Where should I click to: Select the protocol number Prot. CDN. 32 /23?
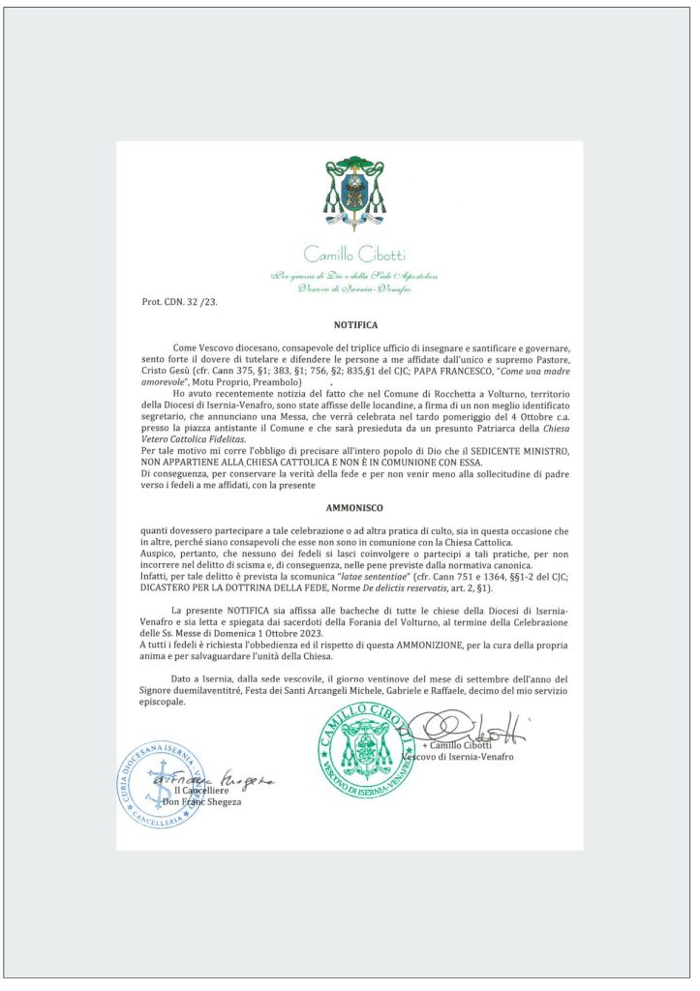[180, 302]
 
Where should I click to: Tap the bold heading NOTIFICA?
[355, 326]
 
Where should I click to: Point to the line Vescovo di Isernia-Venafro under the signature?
[458, 756]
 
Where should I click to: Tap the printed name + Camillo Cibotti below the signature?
[457, 745]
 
